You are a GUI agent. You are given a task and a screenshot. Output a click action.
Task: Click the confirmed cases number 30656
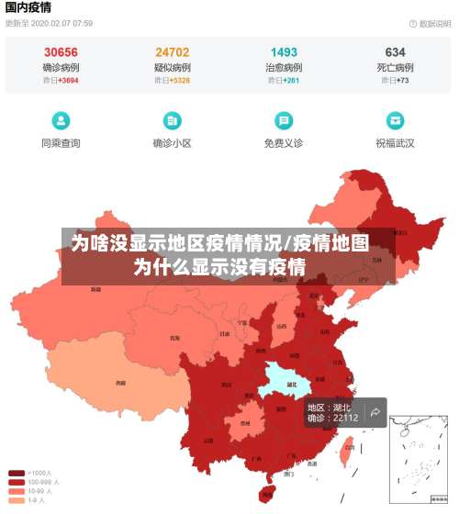(x=61, y=52)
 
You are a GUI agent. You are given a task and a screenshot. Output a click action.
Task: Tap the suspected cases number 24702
(x=173, y=52)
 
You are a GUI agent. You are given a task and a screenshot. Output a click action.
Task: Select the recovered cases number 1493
(x=284, y=52)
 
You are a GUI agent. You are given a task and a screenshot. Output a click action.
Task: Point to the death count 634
(x=395, y=52)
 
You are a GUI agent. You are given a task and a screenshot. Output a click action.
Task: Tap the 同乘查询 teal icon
(x=61, y=120)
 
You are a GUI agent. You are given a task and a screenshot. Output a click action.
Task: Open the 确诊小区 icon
(x=172, y=120)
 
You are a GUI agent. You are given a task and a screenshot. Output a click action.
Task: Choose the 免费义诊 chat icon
(x=284, y=120)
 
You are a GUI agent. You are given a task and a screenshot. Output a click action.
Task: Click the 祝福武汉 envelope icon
(x=395, y=120)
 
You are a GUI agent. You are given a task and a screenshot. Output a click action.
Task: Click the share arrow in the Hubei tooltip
(x=375, y=412)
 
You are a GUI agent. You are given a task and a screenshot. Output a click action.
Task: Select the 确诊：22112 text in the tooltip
(x=332, y=418)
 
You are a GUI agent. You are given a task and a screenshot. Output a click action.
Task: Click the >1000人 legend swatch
(x=17, y=474)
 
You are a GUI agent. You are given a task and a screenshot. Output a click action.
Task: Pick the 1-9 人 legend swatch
(x=17, y=500)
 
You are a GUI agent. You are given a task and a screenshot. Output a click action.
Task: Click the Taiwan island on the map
(x=347, y=450)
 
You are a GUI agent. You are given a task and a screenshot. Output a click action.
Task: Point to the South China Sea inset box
(x=417, y=459)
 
